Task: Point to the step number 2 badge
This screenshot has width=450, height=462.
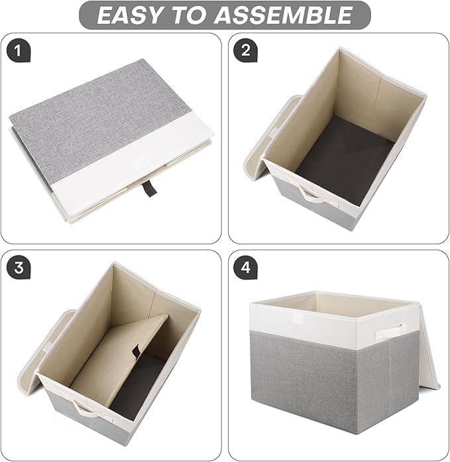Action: (x=246, y=50)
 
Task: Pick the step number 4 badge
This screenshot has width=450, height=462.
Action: (x=246, y=268)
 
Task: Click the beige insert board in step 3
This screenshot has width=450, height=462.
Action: (x=119, y=358)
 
